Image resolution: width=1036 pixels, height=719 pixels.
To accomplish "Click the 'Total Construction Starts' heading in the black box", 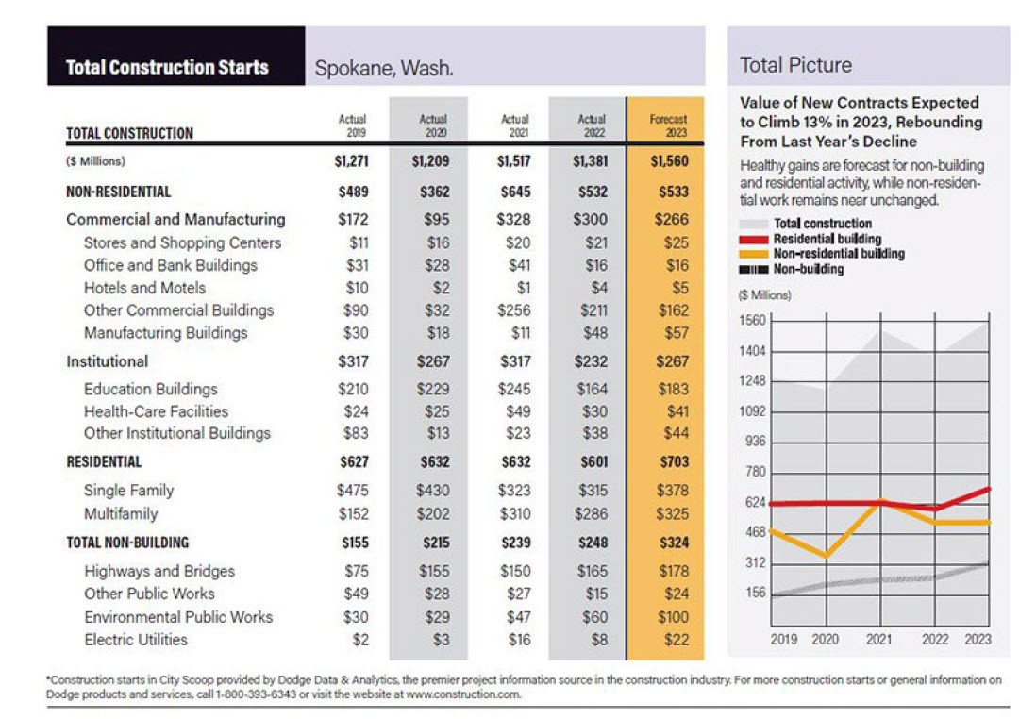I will pos(167,67).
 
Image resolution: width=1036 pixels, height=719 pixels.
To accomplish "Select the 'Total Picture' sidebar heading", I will pos(795,65).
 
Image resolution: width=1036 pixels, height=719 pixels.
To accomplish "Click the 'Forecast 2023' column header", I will pos(668,125).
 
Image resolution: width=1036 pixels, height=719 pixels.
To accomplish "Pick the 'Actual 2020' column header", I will pos(432,125).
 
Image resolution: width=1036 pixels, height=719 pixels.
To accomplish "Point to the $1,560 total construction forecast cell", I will pos(669,161).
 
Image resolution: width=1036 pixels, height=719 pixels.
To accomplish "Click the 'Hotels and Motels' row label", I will pos(144,288).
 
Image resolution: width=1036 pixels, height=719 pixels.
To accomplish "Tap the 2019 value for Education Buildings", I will pos(352,389).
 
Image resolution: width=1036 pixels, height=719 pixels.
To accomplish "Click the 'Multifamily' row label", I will pos(121,514).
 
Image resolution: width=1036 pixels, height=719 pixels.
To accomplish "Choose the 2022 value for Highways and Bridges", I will pos(593,571).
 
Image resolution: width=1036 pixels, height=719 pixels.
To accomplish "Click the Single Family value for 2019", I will pos(352,491).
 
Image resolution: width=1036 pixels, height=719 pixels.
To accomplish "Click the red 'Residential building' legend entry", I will pos(826,239).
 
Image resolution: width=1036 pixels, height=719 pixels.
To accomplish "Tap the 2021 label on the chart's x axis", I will pos(879,639).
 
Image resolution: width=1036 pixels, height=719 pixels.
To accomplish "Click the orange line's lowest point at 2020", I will pos(826,556).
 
